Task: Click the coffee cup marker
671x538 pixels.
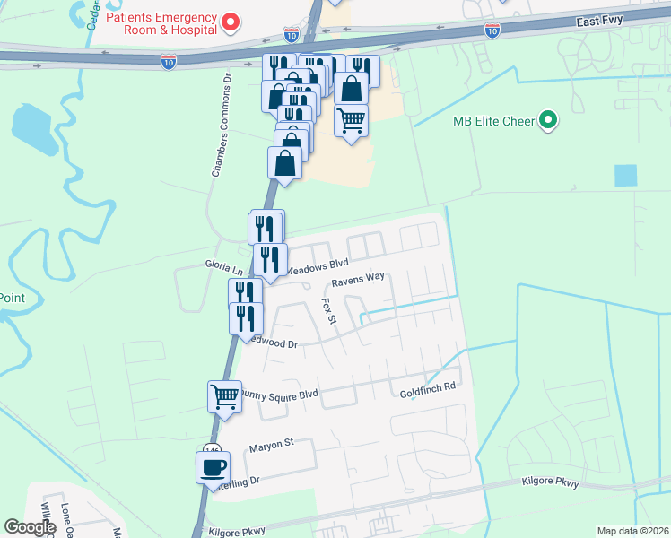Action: (x=213, y=467)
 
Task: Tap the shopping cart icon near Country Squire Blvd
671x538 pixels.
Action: (x=224, y=395)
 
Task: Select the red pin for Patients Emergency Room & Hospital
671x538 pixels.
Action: (x=231, y=21)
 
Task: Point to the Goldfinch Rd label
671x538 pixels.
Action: (x=428, y=393)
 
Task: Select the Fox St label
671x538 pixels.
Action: (x=328, y=312)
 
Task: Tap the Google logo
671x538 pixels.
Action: (x=30, y=527)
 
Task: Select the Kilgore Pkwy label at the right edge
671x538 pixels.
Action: (x=550, y=482)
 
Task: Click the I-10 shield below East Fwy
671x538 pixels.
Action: (x=492, y=30)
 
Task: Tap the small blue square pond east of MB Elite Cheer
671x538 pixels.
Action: (x=626, y=176)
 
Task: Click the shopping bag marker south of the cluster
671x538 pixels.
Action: (x=284, y=164)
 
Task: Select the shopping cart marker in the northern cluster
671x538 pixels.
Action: (x=351, y=118)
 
